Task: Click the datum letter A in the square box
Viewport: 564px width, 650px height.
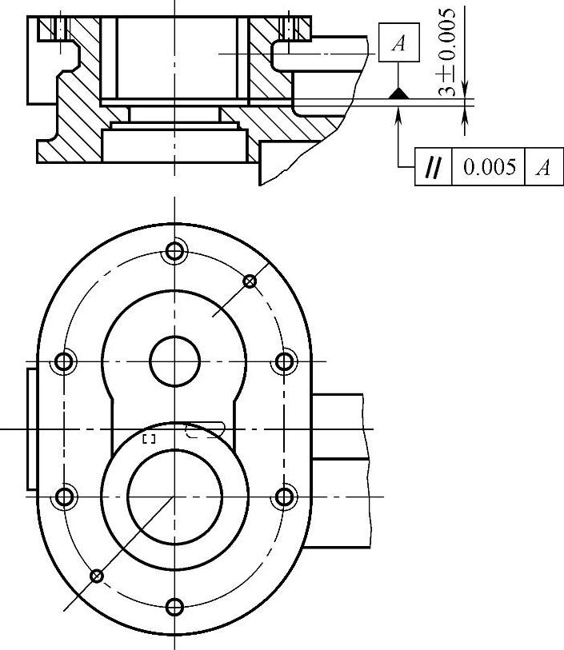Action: coord(398,42)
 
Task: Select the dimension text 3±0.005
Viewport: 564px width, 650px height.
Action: coord(447,52)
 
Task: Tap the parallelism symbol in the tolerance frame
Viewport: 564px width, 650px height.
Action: coord(433,167)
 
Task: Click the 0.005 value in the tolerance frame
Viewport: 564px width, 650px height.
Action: coord(490,166)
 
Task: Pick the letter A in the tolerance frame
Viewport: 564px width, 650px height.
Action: coord(543,167)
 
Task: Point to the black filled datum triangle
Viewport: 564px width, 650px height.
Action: coord(398,94)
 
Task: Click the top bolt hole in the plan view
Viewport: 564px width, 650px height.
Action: coord(174,251)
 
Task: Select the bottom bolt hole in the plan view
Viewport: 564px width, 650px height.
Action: coord(174,608)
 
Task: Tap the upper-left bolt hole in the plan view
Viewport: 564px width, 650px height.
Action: coord(64,361)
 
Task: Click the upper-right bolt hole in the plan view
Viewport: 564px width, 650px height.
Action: coord(285,361)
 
